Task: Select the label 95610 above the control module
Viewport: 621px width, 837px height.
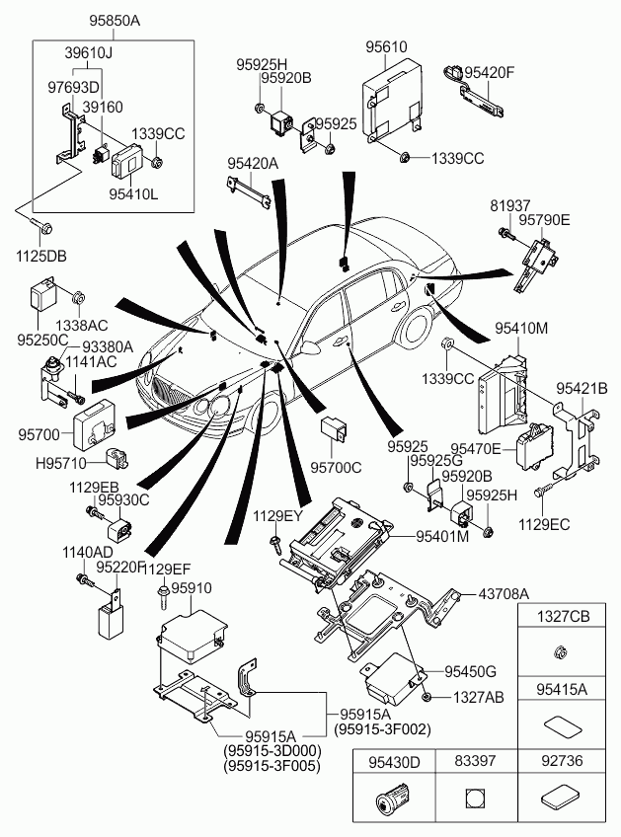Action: click(385, 46)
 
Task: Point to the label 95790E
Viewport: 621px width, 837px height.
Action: click(544, 220)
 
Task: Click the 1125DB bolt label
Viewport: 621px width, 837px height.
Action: click(43, 257)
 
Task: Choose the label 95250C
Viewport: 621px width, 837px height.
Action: click(41, 340)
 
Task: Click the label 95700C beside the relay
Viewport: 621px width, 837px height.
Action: click(337, 467)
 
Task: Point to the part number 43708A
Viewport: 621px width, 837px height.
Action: click(504, 593)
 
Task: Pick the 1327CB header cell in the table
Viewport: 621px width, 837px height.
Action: click(563, 617)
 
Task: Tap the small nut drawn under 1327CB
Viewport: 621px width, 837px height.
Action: click(561, 651)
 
